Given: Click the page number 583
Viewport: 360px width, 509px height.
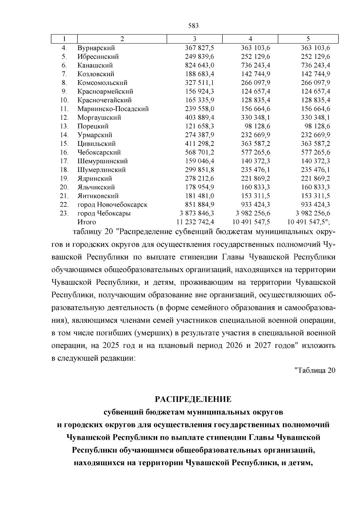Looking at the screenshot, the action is coord(193,26).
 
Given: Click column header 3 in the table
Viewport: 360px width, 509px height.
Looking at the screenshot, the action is coord(194,39).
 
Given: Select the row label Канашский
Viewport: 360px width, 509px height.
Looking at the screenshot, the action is coord(95,65).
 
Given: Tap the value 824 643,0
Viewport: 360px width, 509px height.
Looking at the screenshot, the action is coord(199,65).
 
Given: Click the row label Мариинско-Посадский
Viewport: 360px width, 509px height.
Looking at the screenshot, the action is coord(113,109).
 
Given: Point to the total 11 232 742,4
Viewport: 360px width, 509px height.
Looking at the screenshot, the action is coord(195,222).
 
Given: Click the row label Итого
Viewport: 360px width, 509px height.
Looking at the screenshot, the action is coord(87,222).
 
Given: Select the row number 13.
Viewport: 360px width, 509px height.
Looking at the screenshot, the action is coord(64,126).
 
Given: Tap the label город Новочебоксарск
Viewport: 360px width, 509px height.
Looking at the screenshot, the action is coord(112,205).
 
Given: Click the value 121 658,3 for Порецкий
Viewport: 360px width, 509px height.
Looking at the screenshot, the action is coord(199,126).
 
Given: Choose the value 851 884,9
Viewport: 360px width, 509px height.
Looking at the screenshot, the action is coord(199,205).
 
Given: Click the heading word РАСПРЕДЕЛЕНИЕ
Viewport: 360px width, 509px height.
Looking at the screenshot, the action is coord(193,399).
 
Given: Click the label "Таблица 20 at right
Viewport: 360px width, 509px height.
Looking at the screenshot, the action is coord(314,370).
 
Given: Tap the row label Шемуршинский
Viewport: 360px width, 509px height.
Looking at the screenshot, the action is coord(103,161).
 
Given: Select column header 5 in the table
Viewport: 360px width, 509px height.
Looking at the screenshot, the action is coord(308,39).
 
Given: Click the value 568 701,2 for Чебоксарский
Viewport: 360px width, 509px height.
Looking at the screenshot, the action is coord(199,152).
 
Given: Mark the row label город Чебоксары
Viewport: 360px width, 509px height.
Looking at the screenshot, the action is coord(104,213).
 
